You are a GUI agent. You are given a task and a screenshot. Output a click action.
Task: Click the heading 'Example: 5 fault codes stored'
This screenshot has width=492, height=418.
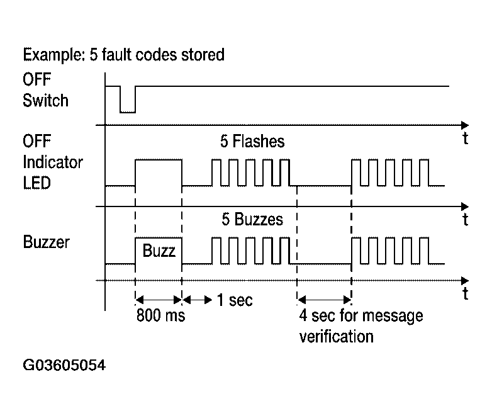[123, 55]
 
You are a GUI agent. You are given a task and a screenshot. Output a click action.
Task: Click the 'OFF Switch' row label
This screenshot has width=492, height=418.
[45, 92]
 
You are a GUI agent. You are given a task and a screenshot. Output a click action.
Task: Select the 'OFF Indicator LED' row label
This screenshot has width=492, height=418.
[53, 162]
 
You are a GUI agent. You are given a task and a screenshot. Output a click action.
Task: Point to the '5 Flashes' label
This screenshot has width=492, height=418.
[252, 142]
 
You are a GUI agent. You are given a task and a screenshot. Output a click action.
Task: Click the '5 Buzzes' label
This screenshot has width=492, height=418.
[252, 220]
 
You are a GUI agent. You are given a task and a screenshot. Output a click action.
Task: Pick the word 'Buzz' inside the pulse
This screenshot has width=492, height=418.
[159, 250]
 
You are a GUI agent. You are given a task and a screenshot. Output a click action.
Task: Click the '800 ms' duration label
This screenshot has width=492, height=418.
[161, 316]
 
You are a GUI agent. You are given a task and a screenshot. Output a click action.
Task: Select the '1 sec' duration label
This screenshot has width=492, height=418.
[235, 300]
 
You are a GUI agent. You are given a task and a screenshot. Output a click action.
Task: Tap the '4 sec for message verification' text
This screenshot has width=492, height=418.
[361, 325]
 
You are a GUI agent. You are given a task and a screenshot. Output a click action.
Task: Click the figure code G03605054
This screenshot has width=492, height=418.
[64, 366]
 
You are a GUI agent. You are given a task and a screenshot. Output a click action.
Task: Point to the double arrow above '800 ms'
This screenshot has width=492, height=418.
[159, 300]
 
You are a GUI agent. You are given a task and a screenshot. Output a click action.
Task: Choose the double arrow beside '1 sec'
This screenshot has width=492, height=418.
[198, 300]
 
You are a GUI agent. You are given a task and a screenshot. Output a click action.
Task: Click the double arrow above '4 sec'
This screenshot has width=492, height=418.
[324, 300]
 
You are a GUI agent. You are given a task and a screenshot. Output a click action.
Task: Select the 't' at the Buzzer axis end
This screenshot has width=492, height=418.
[465, 294]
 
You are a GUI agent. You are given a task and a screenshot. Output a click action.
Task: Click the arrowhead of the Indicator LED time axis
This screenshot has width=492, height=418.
[464, 206]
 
